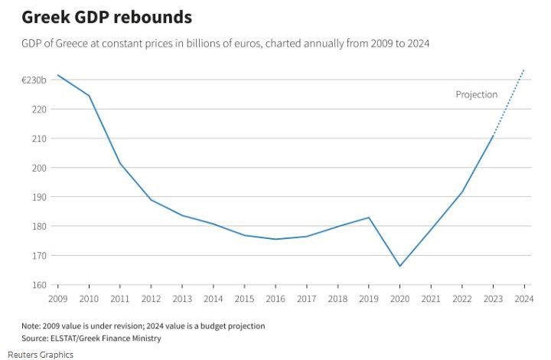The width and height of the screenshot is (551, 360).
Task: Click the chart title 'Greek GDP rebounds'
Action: [106, 16]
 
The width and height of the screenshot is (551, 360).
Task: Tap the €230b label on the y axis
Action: [35, 80]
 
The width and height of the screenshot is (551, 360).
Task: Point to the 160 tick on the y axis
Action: [40, 285]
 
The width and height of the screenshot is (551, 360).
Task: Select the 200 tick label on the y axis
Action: [40, 168]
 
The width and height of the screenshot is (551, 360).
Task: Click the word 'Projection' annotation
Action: [476, 95]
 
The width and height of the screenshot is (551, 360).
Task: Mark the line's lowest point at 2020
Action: [399, 266]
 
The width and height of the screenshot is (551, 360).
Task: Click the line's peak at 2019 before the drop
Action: [369, 218]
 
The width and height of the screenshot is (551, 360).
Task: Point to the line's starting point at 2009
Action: [58, 75]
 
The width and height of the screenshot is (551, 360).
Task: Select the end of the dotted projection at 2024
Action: [523, 70]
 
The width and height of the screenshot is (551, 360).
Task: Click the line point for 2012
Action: [151, 199]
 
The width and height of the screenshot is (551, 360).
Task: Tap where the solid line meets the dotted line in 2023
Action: [493, 135]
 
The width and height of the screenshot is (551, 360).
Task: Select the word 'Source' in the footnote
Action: [36, 338]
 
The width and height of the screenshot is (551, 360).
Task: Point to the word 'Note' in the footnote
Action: [31, 326]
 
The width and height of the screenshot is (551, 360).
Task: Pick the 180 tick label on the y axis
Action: [40, 227]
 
